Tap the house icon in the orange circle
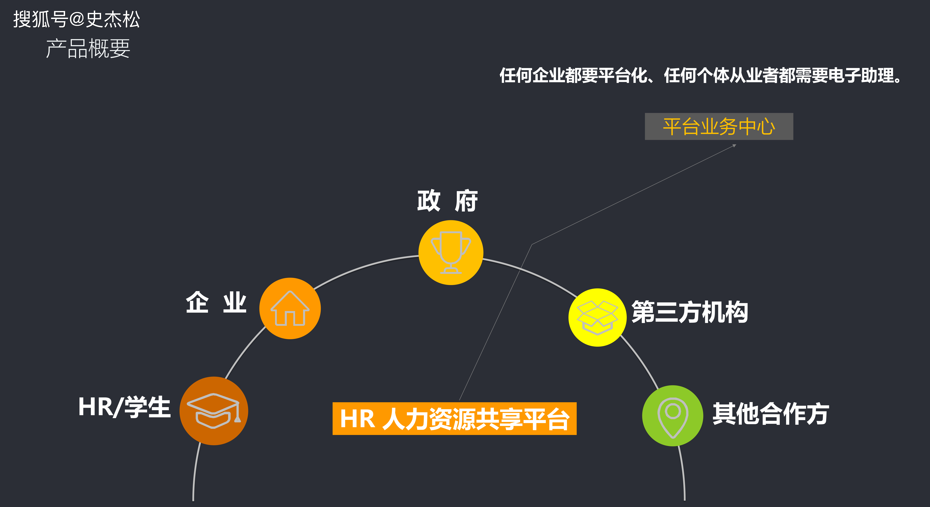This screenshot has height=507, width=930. pyautogui.click(x=290, y=309)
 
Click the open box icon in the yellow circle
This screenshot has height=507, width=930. pyautogui.click(x=598, y=318)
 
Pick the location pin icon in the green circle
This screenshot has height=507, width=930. pyautogui.click(x=673, y=418)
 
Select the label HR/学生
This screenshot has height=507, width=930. pyautogui.click(x=124, y=407)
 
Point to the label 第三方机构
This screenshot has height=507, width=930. pyautogui.click(x=690, y=312)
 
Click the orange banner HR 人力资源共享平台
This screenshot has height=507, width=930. pyautogui.click(x=455, y=419)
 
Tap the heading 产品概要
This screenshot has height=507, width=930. pyautogui.click(x=88, y=48)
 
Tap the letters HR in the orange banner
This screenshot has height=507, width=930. pyautogui.click(x=357, y=419)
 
